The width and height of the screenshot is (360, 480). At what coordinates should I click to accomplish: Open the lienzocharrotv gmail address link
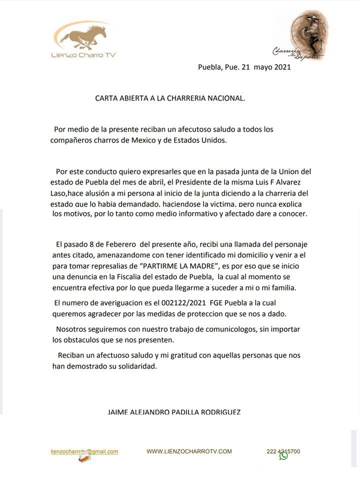(x=84, y=451)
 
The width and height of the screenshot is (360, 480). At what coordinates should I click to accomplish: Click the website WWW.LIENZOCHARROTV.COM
(x=189, y=451)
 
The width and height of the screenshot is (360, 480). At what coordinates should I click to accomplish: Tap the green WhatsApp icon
(x=283, y=455)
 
